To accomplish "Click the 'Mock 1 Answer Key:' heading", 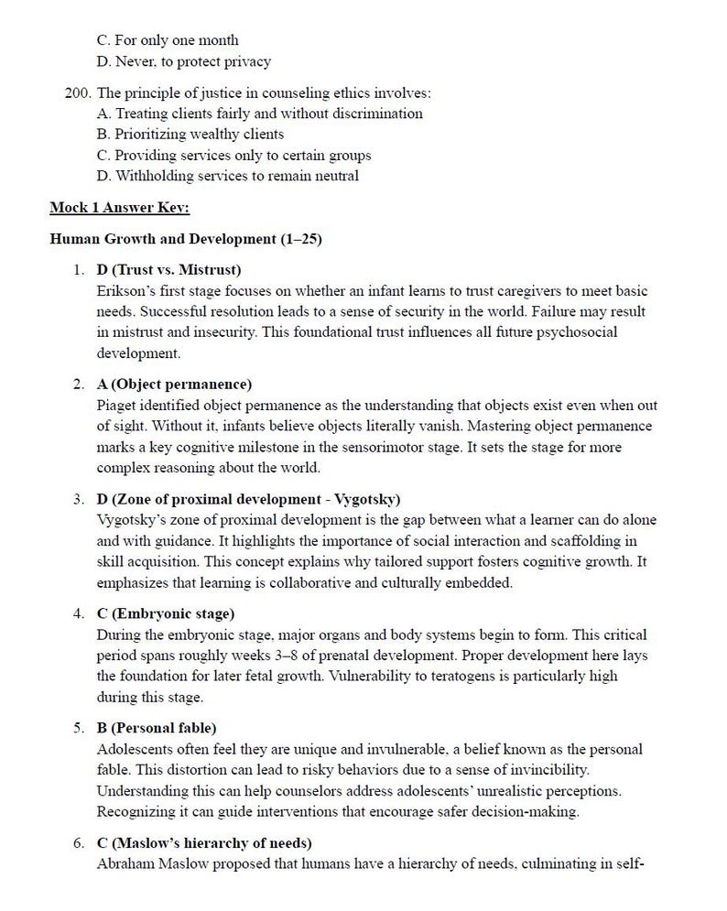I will [119, 208].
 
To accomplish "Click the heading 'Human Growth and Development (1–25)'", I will [185, 239].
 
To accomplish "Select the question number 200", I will [78, 93].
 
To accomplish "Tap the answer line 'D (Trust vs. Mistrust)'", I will [168, 270].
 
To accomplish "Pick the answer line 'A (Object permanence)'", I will [174, 384].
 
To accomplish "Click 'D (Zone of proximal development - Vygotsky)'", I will [248, 499].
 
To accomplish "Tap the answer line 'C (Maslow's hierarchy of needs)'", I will [203, 842].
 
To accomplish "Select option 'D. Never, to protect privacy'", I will [184, 61].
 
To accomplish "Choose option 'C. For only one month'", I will [168, 40].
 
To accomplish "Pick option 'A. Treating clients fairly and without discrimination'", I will [259, 114].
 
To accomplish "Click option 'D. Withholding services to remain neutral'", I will [227, 176].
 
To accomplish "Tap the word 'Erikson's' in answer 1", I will [125, 291].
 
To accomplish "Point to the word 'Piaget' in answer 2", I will [116, 405].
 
